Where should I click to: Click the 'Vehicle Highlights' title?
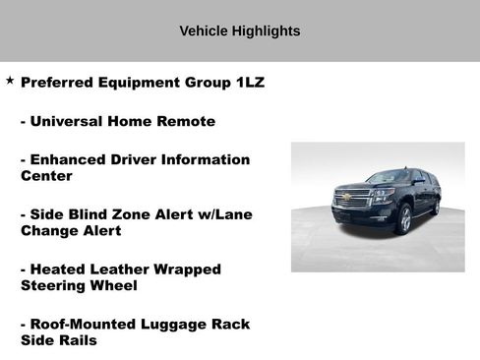click(239, 30)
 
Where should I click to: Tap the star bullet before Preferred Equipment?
click(10, 81)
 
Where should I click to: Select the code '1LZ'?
click(250, 83)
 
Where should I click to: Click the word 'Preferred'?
click(58, 83)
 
